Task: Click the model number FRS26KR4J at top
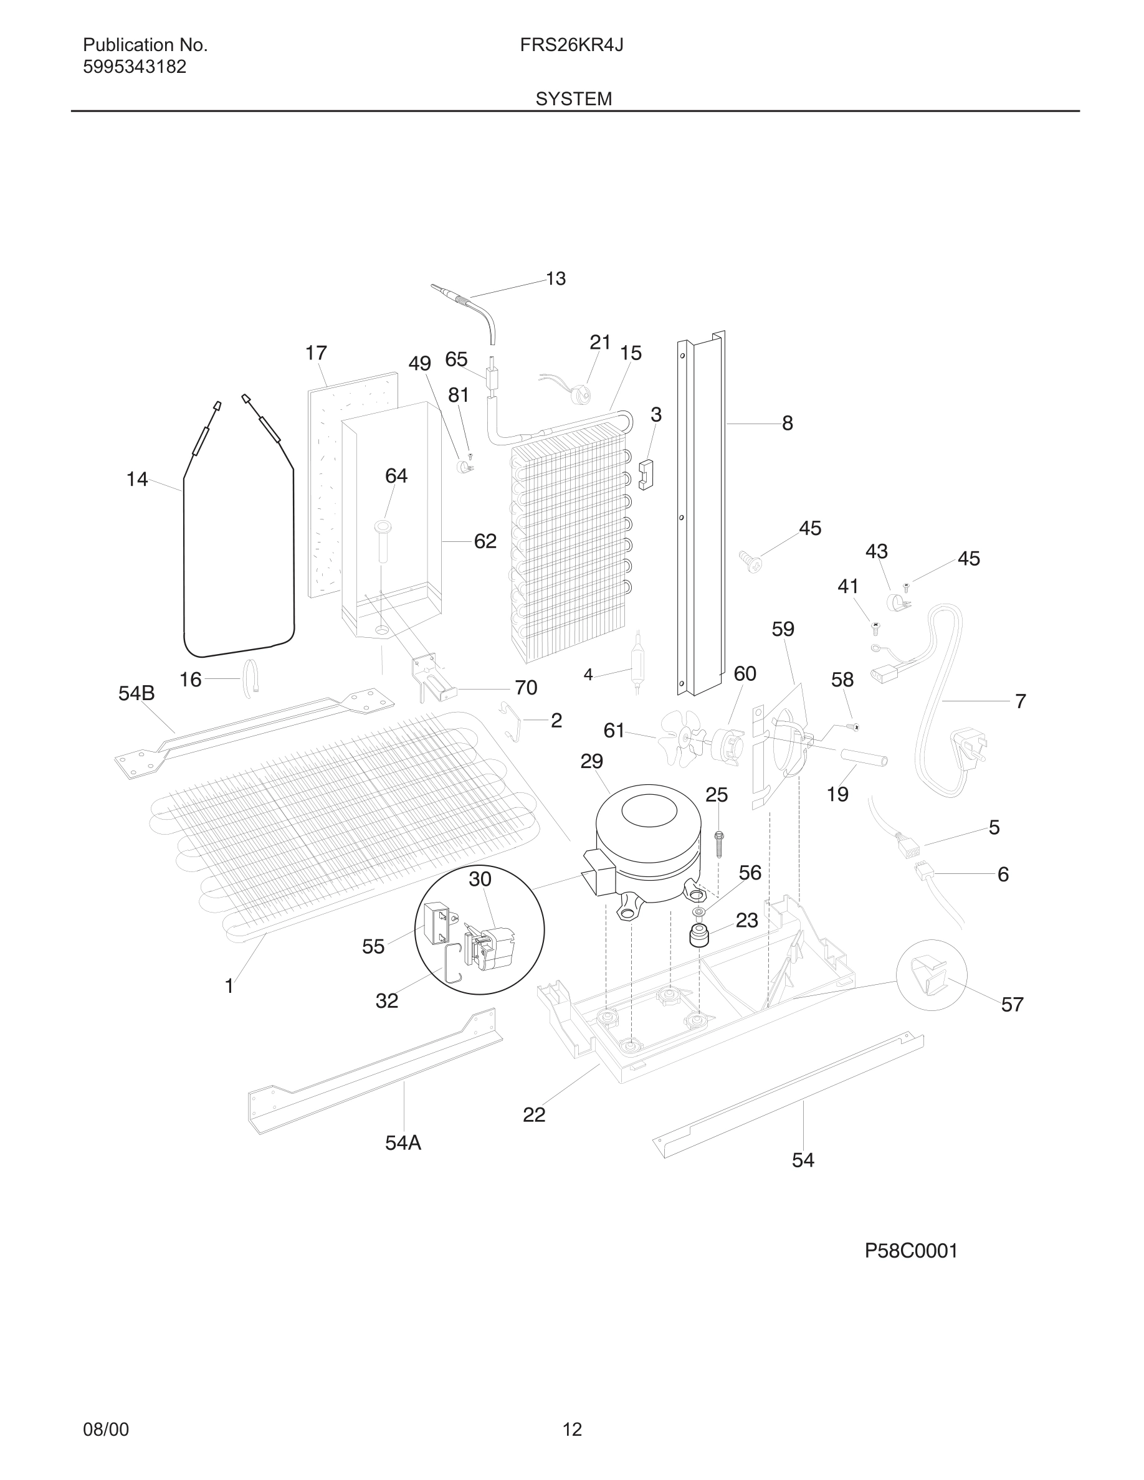coord(571,45)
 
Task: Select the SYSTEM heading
coord(573,99)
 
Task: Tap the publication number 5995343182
coord(134,67)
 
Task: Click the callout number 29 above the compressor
coord(591,762)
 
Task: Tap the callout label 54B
coord(136,693)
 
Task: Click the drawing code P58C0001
coord(911,1251)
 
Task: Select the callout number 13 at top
coord(556,278)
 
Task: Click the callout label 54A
coord(403,1143)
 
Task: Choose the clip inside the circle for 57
coord(930,975)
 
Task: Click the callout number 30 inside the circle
coord(480,879)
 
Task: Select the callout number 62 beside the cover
coord(485,541)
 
